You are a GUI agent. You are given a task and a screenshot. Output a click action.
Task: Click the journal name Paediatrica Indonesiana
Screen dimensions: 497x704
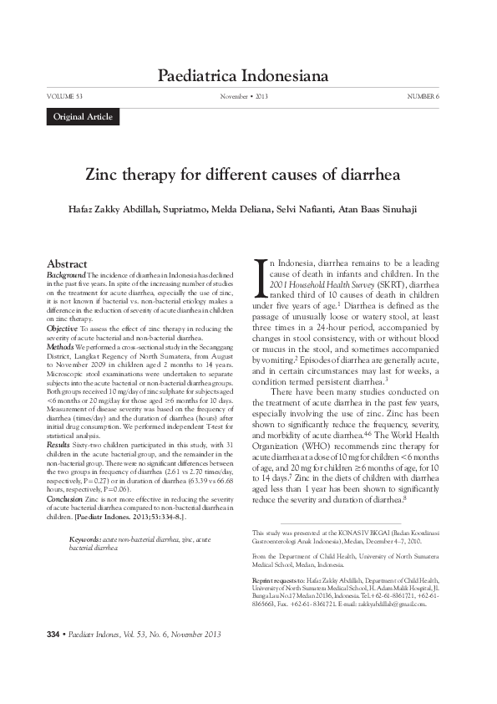(248, 78)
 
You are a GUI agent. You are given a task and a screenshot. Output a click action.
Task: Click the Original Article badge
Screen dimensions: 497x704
(83, 116)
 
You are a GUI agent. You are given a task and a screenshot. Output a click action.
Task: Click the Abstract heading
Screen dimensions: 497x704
(68, 263)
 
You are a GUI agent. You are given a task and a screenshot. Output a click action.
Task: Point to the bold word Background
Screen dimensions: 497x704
(66, 274)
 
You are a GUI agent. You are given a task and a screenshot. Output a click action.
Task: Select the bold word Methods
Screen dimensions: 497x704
(61, 345)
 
